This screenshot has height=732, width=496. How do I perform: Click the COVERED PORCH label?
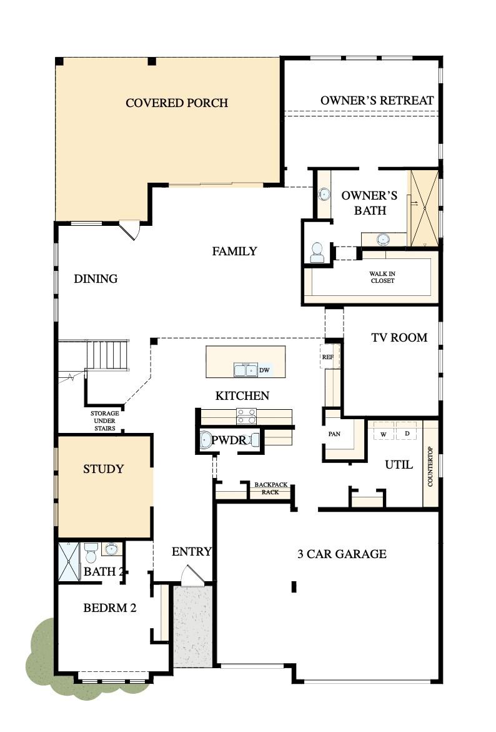click(177, 103)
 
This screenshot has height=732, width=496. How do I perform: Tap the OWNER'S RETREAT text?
click(377, 100)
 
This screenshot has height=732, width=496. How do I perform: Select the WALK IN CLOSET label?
click(382, 277)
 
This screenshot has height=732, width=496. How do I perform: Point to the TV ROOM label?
click(399, 337)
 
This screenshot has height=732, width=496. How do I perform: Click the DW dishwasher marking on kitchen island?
click(264, 370)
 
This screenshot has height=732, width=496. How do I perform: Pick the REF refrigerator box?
click(328, 357)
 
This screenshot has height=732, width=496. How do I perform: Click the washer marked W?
click(384, 433)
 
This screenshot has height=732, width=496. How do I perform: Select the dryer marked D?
click(407, 433)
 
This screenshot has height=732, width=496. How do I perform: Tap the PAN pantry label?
click(334, 434)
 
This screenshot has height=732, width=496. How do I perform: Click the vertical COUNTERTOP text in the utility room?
click(430, 466)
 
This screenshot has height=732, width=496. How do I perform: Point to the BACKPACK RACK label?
click(270, 488)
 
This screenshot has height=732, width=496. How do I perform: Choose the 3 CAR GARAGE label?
click(341, 554)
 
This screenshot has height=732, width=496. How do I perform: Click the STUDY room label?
click(104, 469)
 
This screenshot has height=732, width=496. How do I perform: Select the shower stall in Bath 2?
click(69, 562)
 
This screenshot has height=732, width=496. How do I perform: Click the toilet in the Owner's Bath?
click(317, 252)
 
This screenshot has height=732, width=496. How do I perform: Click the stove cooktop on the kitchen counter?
click(246, 416)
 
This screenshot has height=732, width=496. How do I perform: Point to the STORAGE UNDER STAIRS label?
click(104, 420)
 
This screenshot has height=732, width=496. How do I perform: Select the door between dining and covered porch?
click(130, 229)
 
